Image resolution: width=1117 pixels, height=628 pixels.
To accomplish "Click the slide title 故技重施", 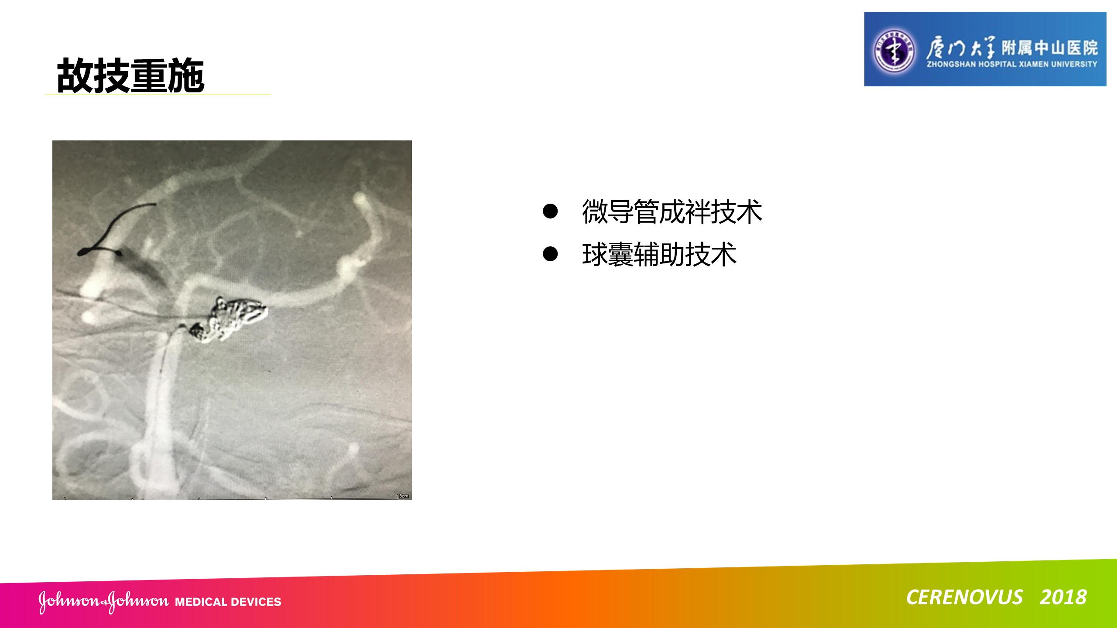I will (x=130, y=75).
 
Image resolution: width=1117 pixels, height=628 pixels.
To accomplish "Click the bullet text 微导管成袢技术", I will (x=672, y=212).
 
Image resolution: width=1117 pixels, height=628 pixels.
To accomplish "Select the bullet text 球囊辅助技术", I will (x=659, y=255).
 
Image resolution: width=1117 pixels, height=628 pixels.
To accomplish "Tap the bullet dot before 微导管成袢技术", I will (x=550, y=212).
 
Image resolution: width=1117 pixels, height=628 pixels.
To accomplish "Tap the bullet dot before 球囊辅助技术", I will (x=550, y=254).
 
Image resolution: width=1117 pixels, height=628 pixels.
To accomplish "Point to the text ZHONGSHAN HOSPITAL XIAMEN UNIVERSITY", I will (x=1012, y=64).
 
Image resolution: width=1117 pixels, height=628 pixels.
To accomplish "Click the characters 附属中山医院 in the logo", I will (x=1049, y=48).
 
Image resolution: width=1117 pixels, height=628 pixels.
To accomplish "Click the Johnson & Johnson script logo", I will (x=103, y=601).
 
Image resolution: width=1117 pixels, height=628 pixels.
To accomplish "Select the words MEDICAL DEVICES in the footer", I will (x=228, y=602).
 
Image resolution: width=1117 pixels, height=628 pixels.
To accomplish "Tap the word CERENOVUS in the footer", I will (x=964, y=597).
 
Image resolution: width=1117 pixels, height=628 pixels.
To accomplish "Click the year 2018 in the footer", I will (x=1063, y=597).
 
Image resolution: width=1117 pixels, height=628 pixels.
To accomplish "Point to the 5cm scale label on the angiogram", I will (x=404, y=496).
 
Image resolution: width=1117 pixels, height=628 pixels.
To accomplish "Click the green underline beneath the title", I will (x=158, y=95).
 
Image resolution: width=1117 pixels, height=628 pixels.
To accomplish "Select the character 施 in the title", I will (x=186, y=75).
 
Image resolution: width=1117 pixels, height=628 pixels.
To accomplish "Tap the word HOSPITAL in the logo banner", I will (x=997, y=64).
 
